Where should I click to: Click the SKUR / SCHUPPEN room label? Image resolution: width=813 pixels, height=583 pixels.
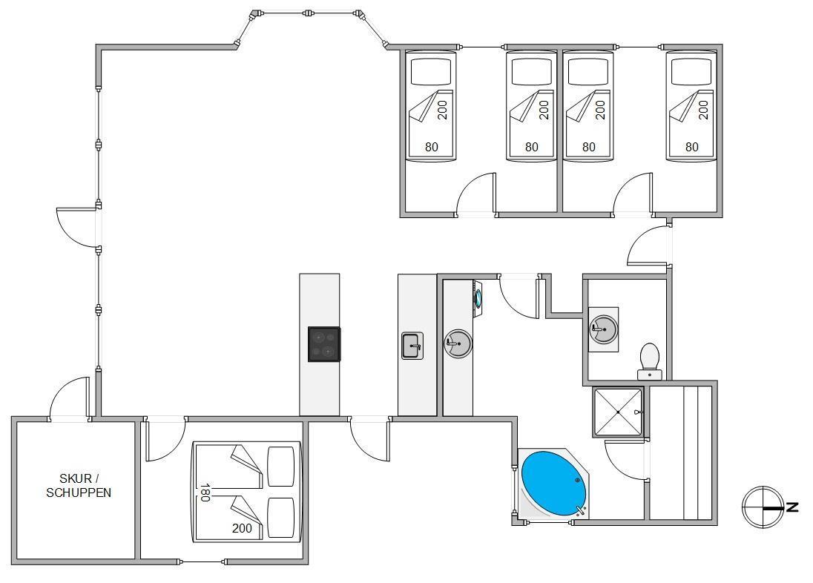[x=78, y=485]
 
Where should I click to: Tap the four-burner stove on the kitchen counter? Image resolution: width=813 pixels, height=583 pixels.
[x=324, y=344]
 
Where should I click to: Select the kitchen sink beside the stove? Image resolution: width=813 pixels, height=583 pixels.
[x=412, y=346]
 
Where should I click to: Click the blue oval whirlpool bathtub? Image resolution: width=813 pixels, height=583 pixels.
[x=553, y=483]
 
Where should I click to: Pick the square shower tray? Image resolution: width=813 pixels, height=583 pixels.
[x=617, y=412]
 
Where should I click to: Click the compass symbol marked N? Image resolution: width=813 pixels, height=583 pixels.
[x=763, y=507]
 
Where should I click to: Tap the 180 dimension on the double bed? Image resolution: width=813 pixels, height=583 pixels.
[x=205, y=493]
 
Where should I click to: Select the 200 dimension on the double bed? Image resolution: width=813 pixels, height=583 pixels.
[x=242, y=528]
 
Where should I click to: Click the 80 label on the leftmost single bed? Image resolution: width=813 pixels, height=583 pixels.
[x=431, y=147]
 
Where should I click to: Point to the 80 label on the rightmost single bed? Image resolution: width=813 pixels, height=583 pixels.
[x=691, y=147]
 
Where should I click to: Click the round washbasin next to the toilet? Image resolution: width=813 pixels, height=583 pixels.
[x=602, y=329]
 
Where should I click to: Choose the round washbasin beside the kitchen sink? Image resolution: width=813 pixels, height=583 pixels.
[x=457, y=343]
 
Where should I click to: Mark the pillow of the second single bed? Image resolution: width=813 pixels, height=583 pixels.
[x=531, y=72]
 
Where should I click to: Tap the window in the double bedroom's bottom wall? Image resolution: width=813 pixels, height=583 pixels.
[x=202, y=562]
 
